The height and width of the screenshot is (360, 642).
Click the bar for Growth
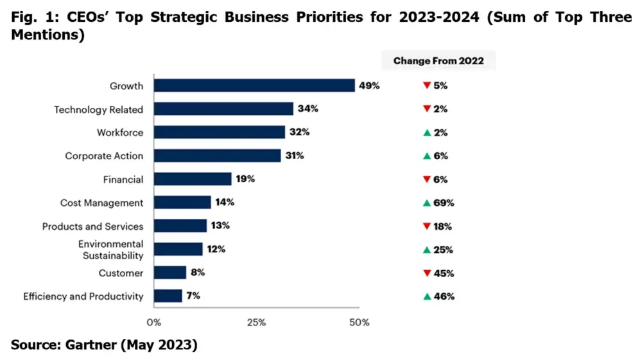tap(254, 85)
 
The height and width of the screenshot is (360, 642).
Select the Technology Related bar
tap(223, 109)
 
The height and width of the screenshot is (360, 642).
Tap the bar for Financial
tap(193, 179)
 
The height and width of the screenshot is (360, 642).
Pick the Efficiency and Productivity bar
tap(168, 296)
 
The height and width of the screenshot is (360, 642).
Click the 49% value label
tap(370, 85)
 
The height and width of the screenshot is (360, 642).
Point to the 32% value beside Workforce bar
tap(300, 132)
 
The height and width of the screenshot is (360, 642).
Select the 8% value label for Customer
tap(198, 273)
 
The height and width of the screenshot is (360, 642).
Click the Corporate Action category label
tap(104, 156)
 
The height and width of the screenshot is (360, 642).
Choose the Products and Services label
tap(92, 226)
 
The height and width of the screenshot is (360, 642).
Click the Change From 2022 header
tap(438, 61)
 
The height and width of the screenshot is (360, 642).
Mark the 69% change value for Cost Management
tap(444, 203)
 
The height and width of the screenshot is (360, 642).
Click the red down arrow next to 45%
tap(426, 273)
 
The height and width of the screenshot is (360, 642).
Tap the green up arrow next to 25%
tap(426, 250)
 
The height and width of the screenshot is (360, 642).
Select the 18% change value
tap(443, 226)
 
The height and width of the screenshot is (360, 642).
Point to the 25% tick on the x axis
tap(256, 322)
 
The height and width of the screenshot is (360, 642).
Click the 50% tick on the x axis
tap(359, 322)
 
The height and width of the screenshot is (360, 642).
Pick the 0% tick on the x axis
tap(154, 322)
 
